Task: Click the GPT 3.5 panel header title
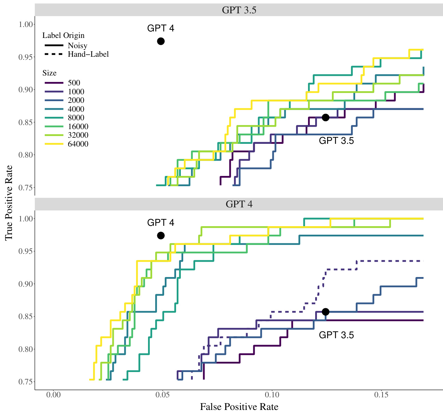click(239, 10)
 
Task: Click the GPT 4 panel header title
click(239, 204)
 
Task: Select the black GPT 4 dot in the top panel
click(161, 41)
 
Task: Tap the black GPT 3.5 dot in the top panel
click(325, 118)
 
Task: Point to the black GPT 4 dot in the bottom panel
click(161, 236)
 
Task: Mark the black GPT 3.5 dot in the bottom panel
click(325, 312)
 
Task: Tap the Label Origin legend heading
click(63, 36)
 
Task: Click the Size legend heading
click(50, 73)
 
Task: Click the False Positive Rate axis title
click(239, 407)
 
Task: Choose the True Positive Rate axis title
click(9, 203)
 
